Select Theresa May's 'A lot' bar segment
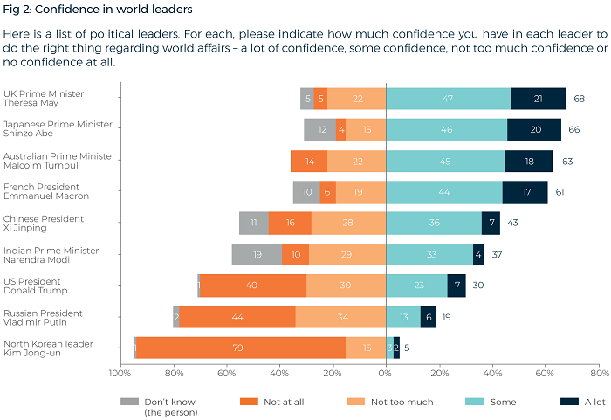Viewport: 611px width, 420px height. tap(539, 99)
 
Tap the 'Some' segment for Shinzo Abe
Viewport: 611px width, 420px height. tap(446, 130)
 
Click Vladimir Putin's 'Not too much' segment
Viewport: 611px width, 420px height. tap(340, 316)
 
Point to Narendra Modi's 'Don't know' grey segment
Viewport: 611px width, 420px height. tap(257, 254)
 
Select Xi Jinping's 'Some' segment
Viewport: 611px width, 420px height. tap(433, 223)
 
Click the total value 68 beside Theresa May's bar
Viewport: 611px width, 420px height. tap(579, 99)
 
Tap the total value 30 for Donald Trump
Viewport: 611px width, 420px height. tap(478, 286)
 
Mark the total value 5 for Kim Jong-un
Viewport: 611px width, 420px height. tap(407, 348)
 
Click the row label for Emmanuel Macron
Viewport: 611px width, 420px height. tap(41, 191)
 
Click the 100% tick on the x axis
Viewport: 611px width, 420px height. tap(120, 373)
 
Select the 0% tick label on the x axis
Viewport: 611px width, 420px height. tap(385, 373)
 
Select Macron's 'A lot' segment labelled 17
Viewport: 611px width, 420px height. tap(525, 192)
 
